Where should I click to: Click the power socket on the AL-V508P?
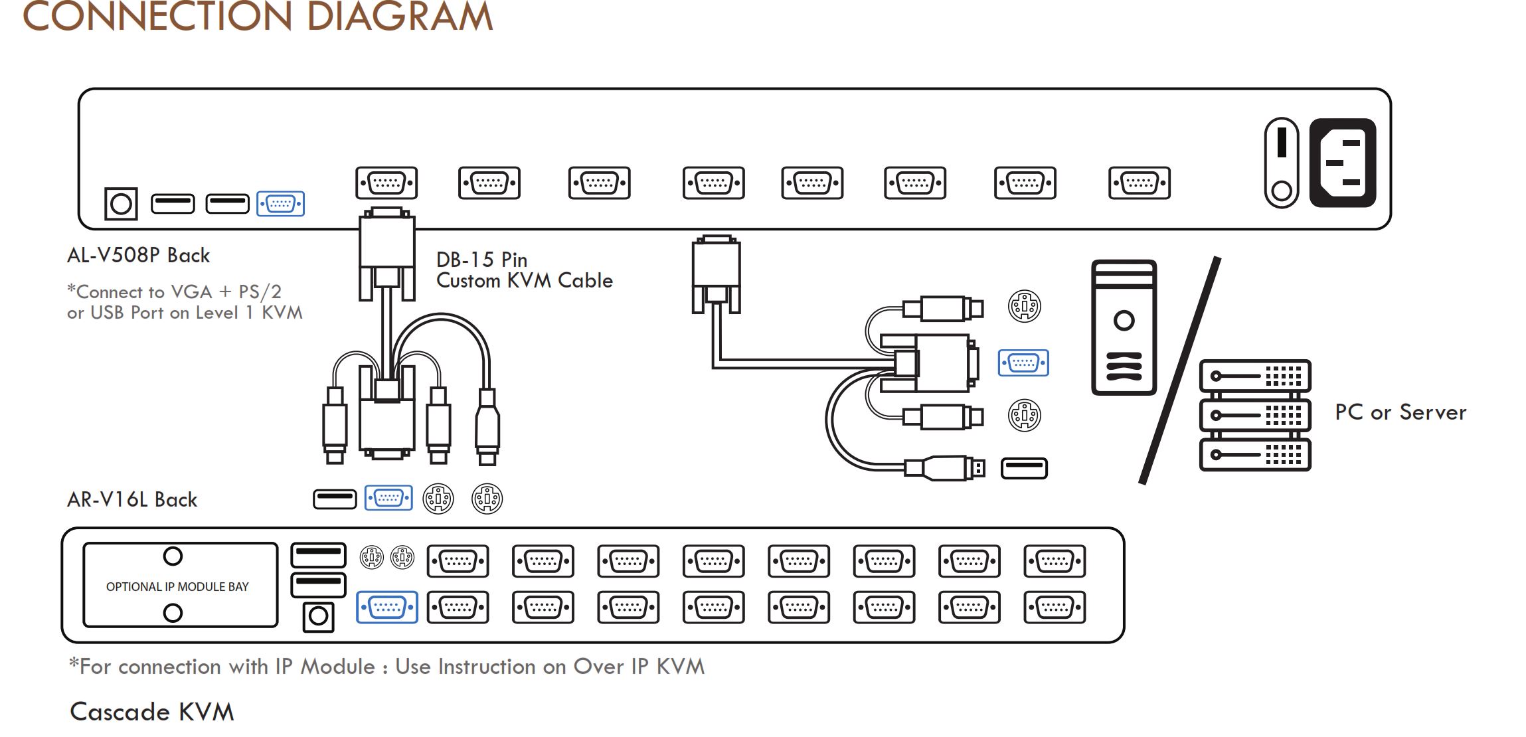point(1342,163)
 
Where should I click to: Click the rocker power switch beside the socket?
point(1281,163)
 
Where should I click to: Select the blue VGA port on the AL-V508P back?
point(280,204)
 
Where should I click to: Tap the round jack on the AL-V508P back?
point(121,204)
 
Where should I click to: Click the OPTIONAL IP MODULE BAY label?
point(177,587)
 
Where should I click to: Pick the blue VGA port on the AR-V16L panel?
point(387,607)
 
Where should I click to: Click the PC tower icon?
point(1124,327)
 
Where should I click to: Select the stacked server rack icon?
point(1254,415)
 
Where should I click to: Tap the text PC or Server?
point(1400,412)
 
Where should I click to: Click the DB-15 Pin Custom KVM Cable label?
point(524,270)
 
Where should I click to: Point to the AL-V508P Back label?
point(138,256)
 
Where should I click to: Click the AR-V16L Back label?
point(132,500)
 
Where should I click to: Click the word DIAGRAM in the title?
point(399,17)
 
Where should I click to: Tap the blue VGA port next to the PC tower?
point(1023,363)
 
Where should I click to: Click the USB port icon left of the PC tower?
point(1023,468)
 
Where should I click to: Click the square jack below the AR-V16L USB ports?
point(318,617)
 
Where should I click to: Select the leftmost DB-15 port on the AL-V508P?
point(386,183)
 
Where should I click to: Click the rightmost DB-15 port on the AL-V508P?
point(1139,183)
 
